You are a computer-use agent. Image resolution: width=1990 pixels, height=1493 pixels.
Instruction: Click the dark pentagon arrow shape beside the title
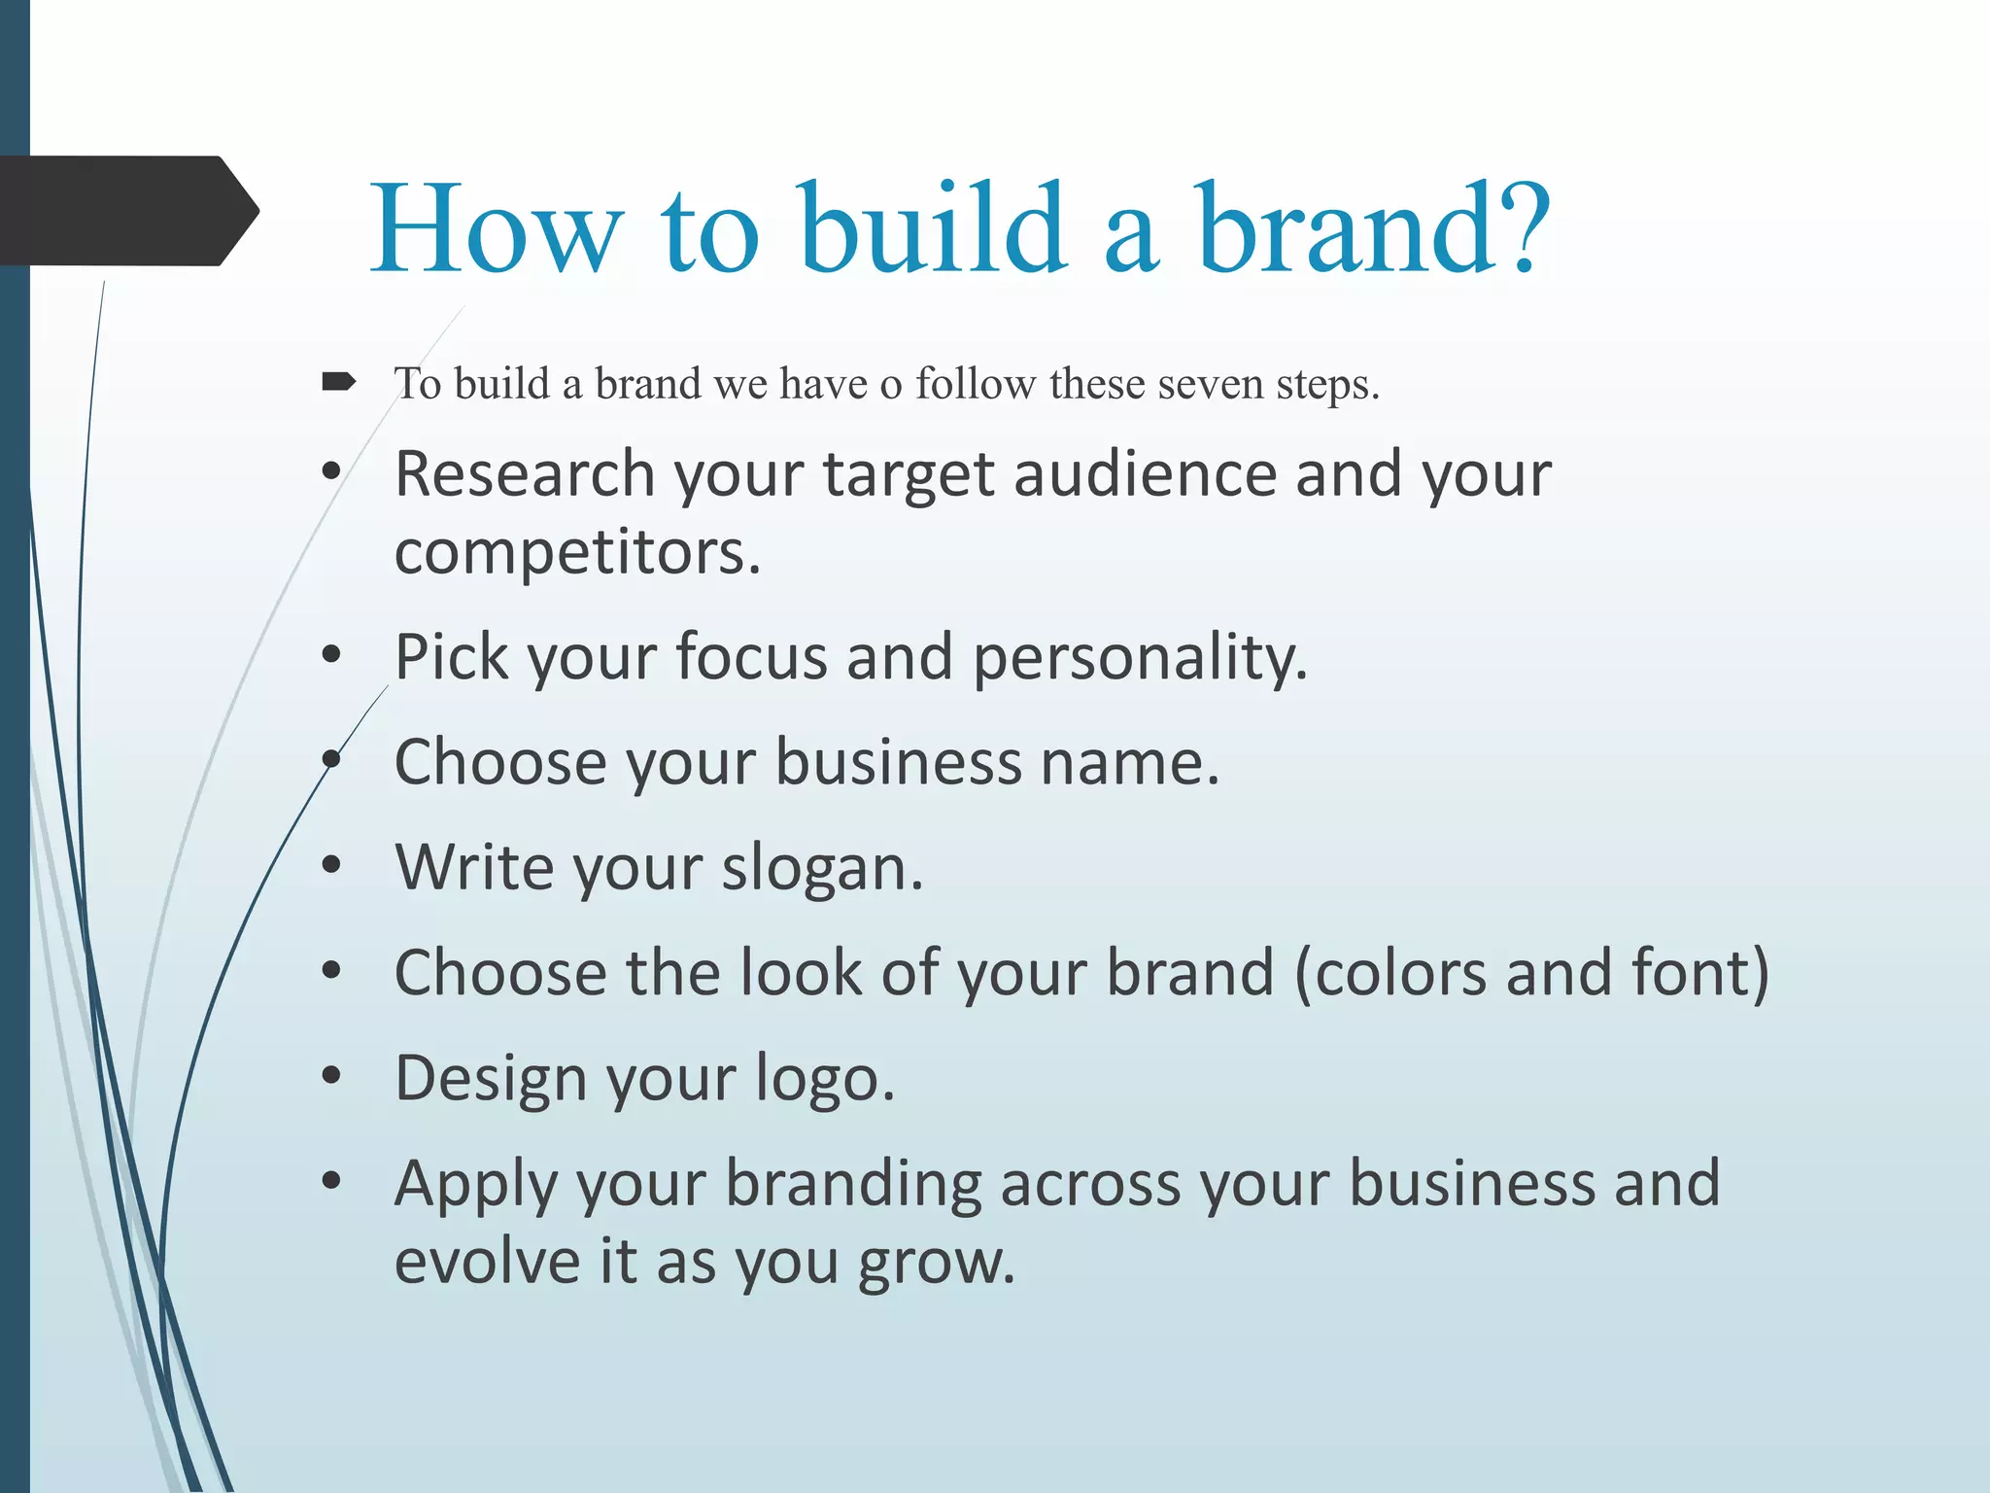click(x=126, y=211)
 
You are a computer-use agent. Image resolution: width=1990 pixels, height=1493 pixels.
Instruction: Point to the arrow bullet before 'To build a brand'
click(x=338, y=382)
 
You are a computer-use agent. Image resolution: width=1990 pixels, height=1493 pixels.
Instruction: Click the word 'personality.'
click(x=1140, y=657)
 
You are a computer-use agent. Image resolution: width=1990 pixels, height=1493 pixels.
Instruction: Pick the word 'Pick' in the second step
click(x=451, y=657)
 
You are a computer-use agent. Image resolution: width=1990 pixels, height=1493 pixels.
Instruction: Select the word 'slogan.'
click(x=822, y=868)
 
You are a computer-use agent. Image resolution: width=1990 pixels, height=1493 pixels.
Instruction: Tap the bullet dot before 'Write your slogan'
click(x=331, y=864)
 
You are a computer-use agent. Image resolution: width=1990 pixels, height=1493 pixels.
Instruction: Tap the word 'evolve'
click(x=487, y=1262)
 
